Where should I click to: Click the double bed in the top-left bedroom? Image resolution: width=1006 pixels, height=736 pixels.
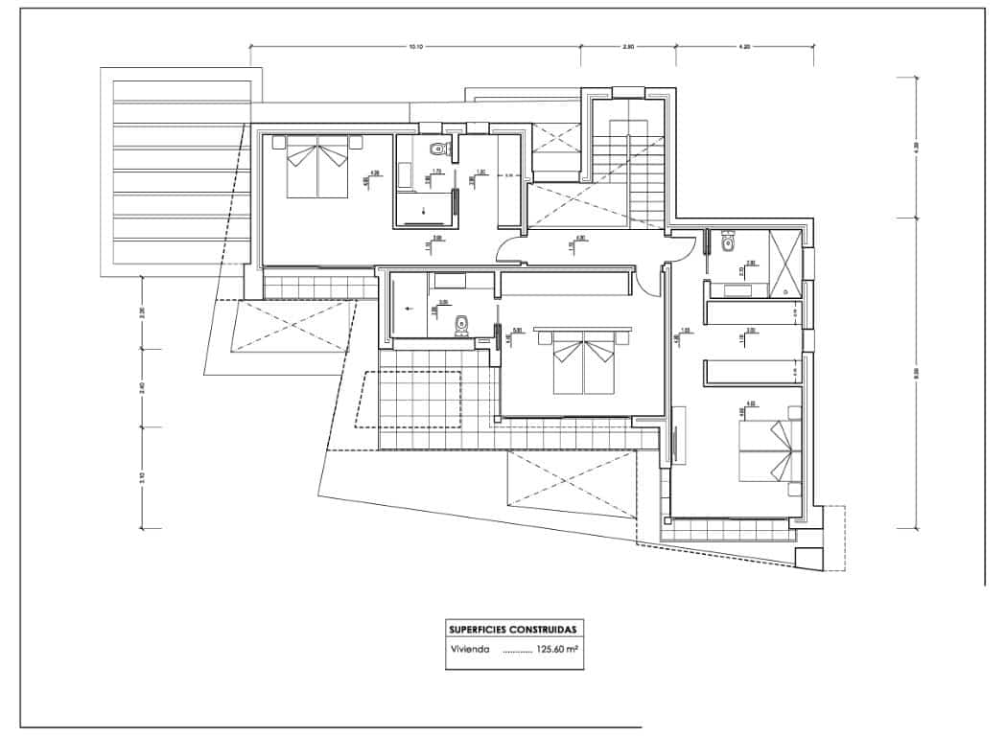(318, 167)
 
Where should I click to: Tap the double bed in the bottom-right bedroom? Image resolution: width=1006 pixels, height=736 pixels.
(767, 450)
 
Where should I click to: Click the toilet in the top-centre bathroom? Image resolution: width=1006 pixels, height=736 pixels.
(439, 149)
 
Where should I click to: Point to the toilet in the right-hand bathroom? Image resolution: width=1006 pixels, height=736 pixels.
(729, 243)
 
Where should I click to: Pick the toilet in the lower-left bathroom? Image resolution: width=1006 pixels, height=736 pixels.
(461, 324)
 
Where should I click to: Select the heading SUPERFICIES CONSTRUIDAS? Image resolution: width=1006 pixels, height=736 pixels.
(513, 630)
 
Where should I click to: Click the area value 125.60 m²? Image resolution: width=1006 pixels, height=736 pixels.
(557, 649)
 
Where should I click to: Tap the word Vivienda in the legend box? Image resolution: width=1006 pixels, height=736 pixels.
(470, 649)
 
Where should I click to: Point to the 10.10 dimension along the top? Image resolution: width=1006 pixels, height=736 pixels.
(416, 46)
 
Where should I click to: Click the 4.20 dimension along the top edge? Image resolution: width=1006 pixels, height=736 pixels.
(744, 46)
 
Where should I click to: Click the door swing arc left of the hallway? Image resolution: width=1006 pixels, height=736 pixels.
(508, 251)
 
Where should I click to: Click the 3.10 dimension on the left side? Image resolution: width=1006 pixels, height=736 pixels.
(142, 476)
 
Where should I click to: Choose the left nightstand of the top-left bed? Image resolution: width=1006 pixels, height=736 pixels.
(278, 142)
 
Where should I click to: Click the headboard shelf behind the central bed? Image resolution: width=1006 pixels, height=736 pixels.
(585, 337)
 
